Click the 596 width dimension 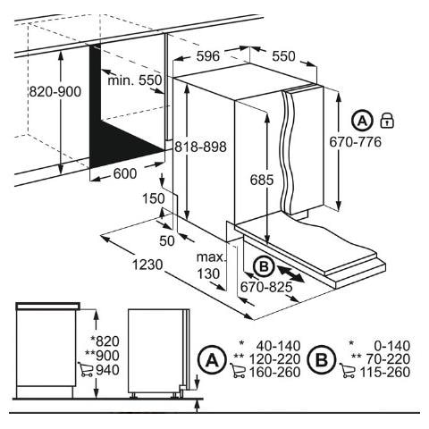coord(208,55)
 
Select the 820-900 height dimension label coord(55,91)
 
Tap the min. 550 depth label coord(135,80)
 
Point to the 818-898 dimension coord(200,147)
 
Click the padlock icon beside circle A coord(387,121)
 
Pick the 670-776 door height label coord(356,142)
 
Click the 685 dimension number coord(262,180)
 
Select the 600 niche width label coord(125,173)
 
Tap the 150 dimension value coord(154,198)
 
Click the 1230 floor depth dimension coord(147,265)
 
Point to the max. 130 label coord(210,265)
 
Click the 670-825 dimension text coord(266,287)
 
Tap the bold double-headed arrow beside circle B coord(290,273)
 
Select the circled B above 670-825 coord(264,266)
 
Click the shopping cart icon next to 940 coord(86,369)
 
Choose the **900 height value coord(102,356)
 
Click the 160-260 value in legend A coord(274,372)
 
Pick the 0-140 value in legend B coord(392,346)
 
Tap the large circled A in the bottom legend coord(212,360)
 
